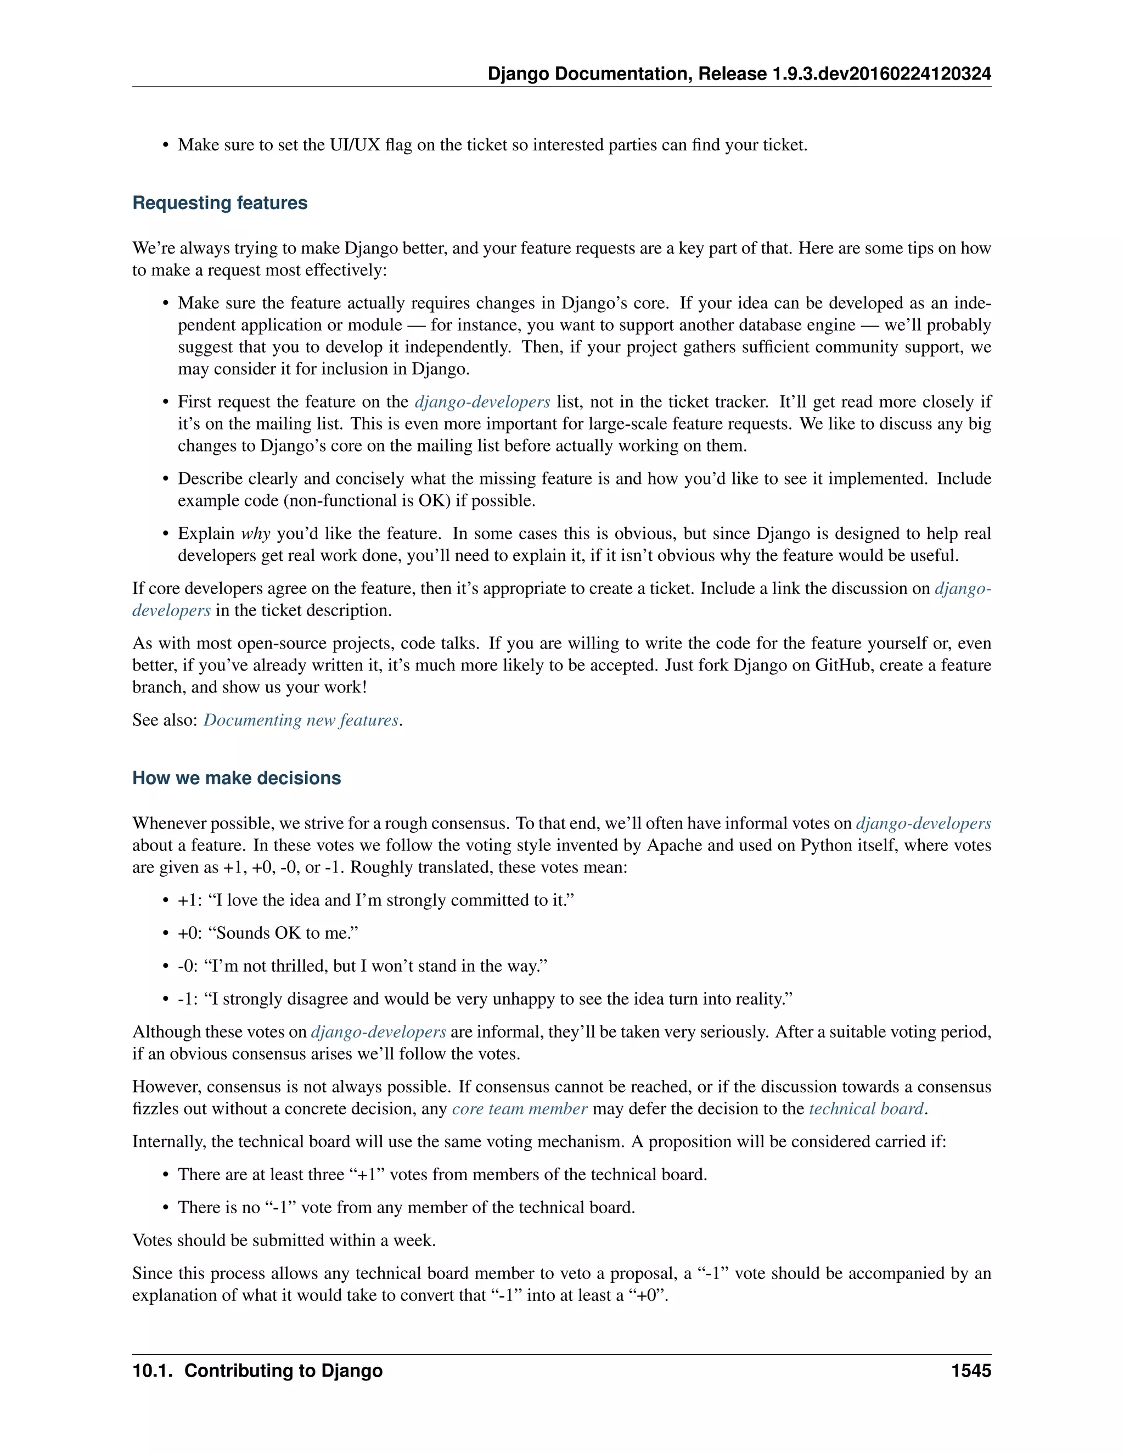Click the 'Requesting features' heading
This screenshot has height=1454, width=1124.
click(x=220, y=202)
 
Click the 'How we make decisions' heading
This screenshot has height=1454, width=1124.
click(x=237, y=777)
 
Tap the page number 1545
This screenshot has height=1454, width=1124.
click(x=971, y=1371)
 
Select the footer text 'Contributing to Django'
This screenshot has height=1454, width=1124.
click(x=283, y=1371)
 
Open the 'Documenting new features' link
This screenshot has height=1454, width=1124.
click(x=301, y=720)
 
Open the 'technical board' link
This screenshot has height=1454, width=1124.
click(x=866, y=1108)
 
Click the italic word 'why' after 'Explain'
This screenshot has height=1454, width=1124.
click(x=256, y=533)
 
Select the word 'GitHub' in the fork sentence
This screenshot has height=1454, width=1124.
click(x=844, y=665)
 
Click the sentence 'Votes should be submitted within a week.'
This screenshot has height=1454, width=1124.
click(x=284, y=1241)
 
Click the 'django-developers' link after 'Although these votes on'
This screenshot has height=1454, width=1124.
click(x=378, y=1032)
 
